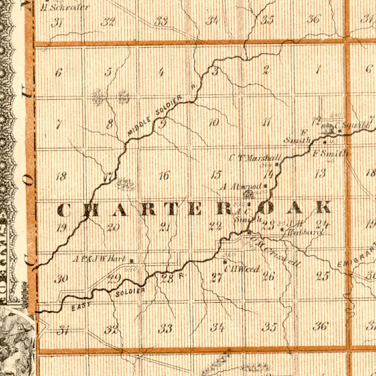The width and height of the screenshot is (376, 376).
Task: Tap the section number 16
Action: (163, 176)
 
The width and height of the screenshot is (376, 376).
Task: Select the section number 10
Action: (214, 123)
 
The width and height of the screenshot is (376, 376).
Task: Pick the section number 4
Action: (161, 72)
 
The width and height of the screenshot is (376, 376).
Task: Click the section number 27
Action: (217, 277)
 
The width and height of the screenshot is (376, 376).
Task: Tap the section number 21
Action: (165, 227)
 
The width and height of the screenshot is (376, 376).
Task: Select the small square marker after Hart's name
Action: (131, 260)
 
